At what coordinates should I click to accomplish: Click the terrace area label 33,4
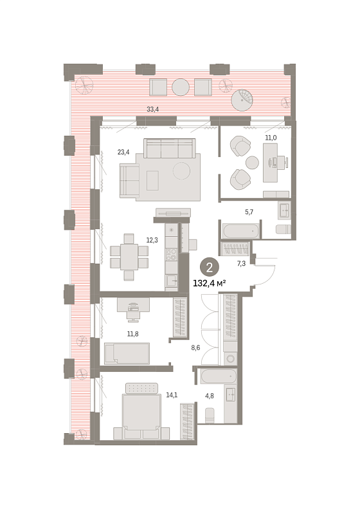pyautogui.click(x=153, y=109)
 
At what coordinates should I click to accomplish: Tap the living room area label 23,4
pyautogui.click(x=123, y=152)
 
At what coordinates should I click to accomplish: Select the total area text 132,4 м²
pyautogui.click(x=210, y=283)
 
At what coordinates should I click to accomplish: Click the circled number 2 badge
pyautogui.click(x=210, y=268)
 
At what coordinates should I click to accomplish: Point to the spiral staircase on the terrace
pyautogui.click(x=242, y=100)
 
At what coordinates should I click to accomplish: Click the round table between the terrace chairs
pyautogui.click(x=181, y=87)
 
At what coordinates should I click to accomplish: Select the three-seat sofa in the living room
pyautogui.click(x=170, y=148)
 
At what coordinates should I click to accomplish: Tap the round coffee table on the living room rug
pyautogui.click(x=181, y=171)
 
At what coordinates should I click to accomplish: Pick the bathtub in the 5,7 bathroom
pyautogui.click(x=240, y=231)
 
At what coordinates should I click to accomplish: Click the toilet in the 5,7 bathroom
pyautogui.click(x=283, y=229)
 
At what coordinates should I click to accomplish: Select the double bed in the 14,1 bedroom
pyautogui.click(x=141, y=412)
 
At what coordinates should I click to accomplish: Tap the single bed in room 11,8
pyautogui.click(x=127, y=353)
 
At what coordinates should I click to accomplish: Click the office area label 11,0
pyautogui.click(x=271, y=138)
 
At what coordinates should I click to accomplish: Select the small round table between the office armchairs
pyautogui.click(x=252, y=162)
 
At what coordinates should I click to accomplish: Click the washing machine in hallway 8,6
pyautogui.click(x=230, y=358)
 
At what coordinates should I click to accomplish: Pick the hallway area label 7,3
pyautogui.click(x=241, y=264)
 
